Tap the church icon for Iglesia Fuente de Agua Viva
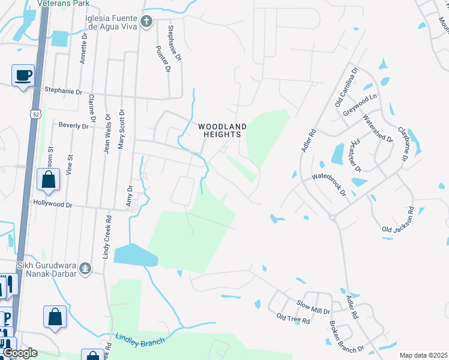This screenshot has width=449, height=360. click(146, 23)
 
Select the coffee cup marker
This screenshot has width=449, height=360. click(23, 76)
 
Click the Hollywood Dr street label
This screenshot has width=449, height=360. click(53, 205)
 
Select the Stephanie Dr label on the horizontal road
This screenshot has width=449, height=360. click(63, 91)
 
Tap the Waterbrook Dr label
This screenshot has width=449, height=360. click(328, 185)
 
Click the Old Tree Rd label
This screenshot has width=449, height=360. click(293, 319)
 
